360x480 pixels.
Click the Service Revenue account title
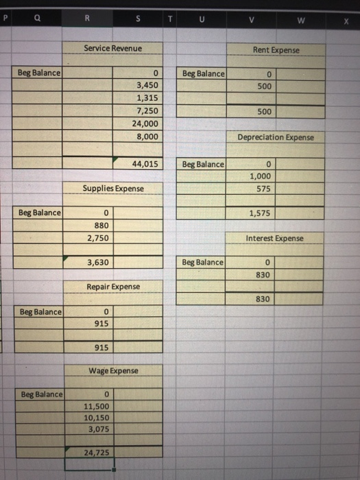112,48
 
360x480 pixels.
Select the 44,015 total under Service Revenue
145,164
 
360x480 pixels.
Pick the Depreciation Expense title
276,137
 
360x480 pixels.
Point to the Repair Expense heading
112,286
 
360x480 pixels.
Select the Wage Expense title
112,370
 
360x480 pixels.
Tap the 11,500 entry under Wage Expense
97,407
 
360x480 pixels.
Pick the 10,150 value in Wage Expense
97,418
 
